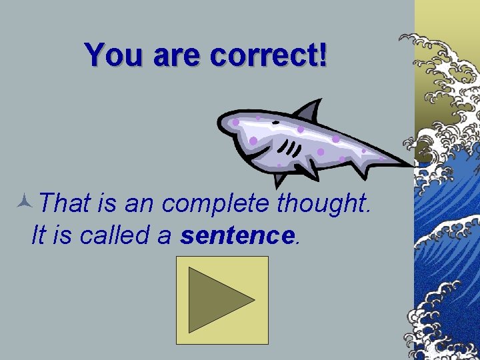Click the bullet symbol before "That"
click(25, 200)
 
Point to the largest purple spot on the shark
click(253, 141)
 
